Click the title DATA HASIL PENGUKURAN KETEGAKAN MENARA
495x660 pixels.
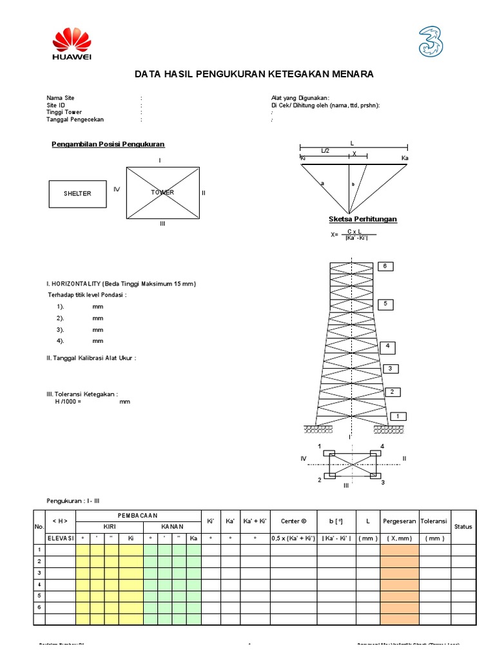coord(253,74)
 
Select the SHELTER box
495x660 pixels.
coord(77,193)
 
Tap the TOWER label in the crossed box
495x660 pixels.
coord(162,193)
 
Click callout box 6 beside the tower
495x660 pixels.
coord(385,266)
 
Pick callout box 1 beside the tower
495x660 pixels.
coord(399,416)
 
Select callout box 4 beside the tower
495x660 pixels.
coord(388,347)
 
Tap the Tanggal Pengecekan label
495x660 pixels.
coord(75,119)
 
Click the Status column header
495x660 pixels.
coord(463,527)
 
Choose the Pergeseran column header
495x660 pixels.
coord(400,520)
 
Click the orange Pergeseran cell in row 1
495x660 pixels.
coord(400,550)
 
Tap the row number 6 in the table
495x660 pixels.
coord(39,607)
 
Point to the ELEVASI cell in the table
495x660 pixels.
coord(60,538)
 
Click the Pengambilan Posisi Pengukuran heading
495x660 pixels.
coord(108,144)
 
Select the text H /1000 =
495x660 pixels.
coord(68,401)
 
